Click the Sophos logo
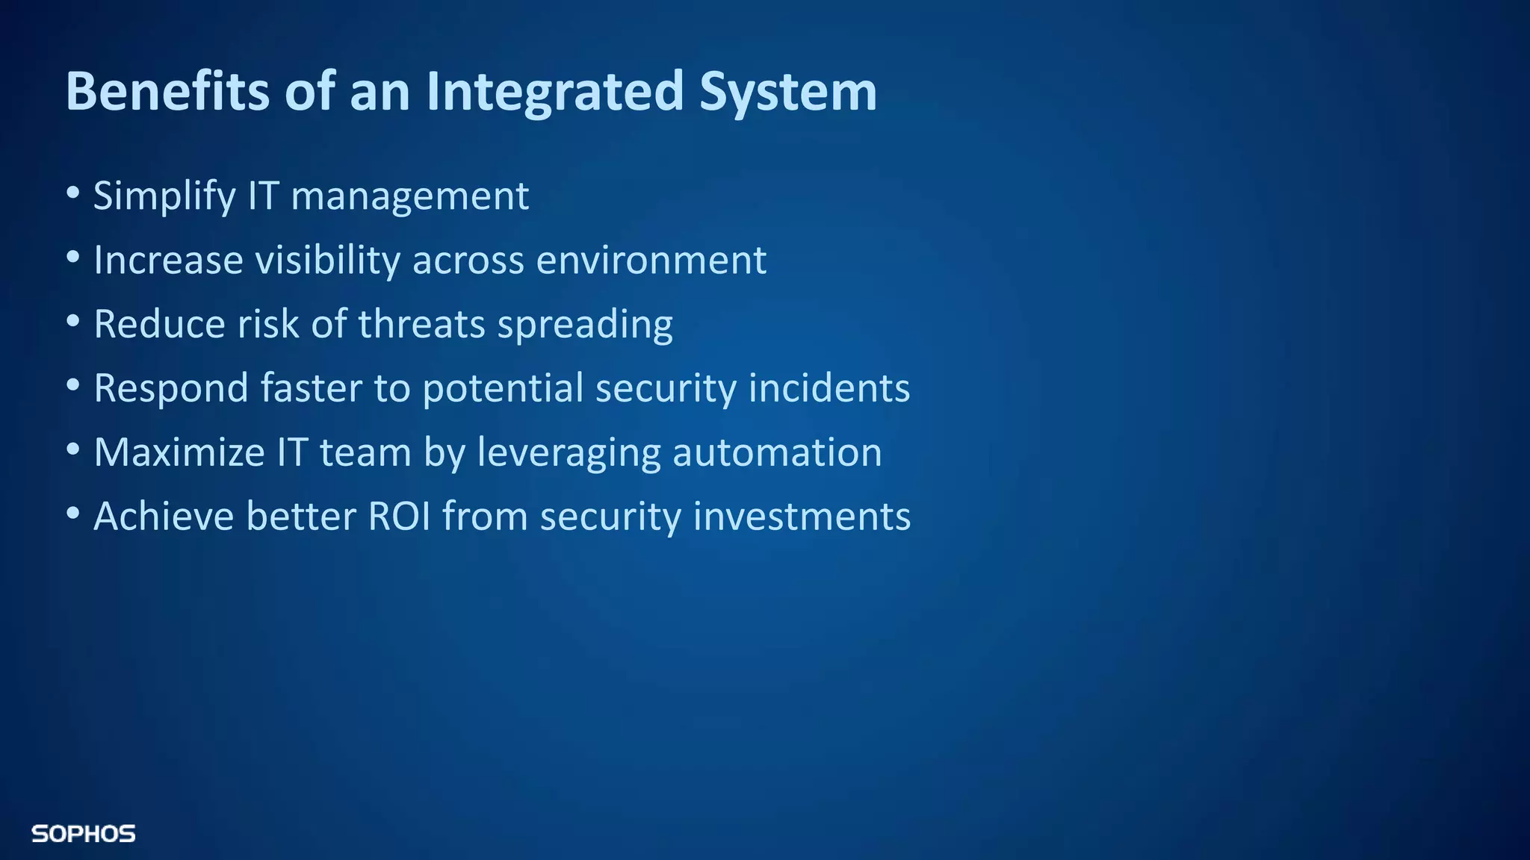click(83, 834)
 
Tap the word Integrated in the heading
click(555, 91)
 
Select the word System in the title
click(788, 91)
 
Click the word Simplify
click(164, 196)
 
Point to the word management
click(409, 196)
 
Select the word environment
click(651, 261)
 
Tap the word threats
click(422, 325)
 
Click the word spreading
click(585, 325)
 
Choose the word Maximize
click(179, 453)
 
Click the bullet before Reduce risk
click(72, 322)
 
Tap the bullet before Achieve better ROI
click(72, 514)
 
